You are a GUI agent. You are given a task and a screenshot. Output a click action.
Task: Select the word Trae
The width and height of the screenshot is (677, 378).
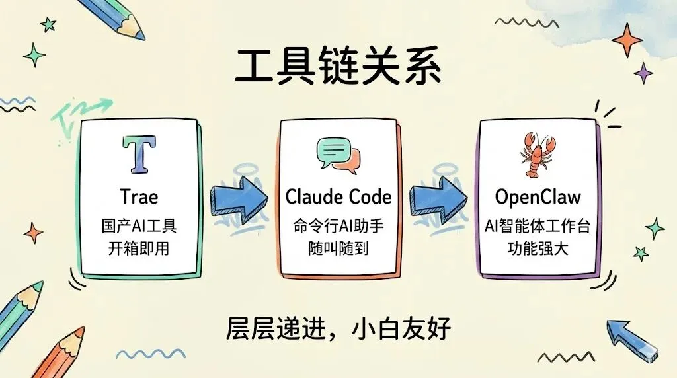point(139,196)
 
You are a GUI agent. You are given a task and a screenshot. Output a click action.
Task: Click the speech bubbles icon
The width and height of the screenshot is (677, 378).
point(338,156)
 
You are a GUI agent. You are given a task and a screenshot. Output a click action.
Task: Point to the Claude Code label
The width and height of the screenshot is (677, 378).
point(338,196)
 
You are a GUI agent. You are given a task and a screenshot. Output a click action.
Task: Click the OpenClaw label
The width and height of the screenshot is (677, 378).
point(538,196)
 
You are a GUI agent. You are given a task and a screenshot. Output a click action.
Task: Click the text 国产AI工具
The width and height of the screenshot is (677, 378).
point(139,226)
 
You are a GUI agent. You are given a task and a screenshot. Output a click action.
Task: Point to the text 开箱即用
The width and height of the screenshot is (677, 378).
point(139,249)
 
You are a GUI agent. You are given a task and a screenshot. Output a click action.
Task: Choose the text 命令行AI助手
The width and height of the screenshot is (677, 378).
point(338,226)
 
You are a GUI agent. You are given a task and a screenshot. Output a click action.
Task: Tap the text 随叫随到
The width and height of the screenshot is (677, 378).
point(338,249)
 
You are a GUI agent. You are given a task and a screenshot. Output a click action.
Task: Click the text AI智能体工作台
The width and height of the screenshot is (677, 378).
point(538,226)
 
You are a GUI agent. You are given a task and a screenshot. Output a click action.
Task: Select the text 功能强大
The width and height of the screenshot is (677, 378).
point(538,249)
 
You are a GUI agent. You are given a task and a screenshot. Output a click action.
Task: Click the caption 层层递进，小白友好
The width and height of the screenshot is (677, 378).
point(338,328)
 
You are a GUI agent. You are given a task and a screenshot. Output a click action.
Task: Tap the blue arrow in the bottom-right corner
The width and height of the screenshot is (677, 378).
point(632,336)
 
